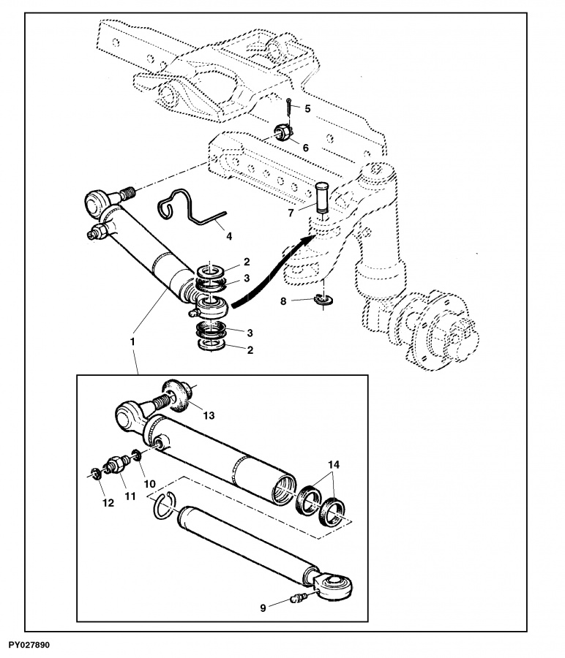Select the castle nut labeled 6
(282, 134)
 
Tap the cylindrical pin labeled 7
(322, 197)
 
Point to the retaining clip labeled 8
(323, 299)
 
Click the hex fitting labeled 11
(116, 464)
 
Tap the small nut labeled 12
(96, 473)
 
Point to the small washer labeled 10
(136, 455)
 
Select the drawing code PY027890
(29, 644)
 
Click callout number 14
(334, 464)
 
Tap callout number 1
(132, 341)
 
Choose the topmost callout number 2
(247, 262)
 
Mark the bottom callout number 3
(250, 333)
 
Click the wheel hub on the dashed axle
(437, 330)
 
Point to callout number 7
(291, 213)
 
